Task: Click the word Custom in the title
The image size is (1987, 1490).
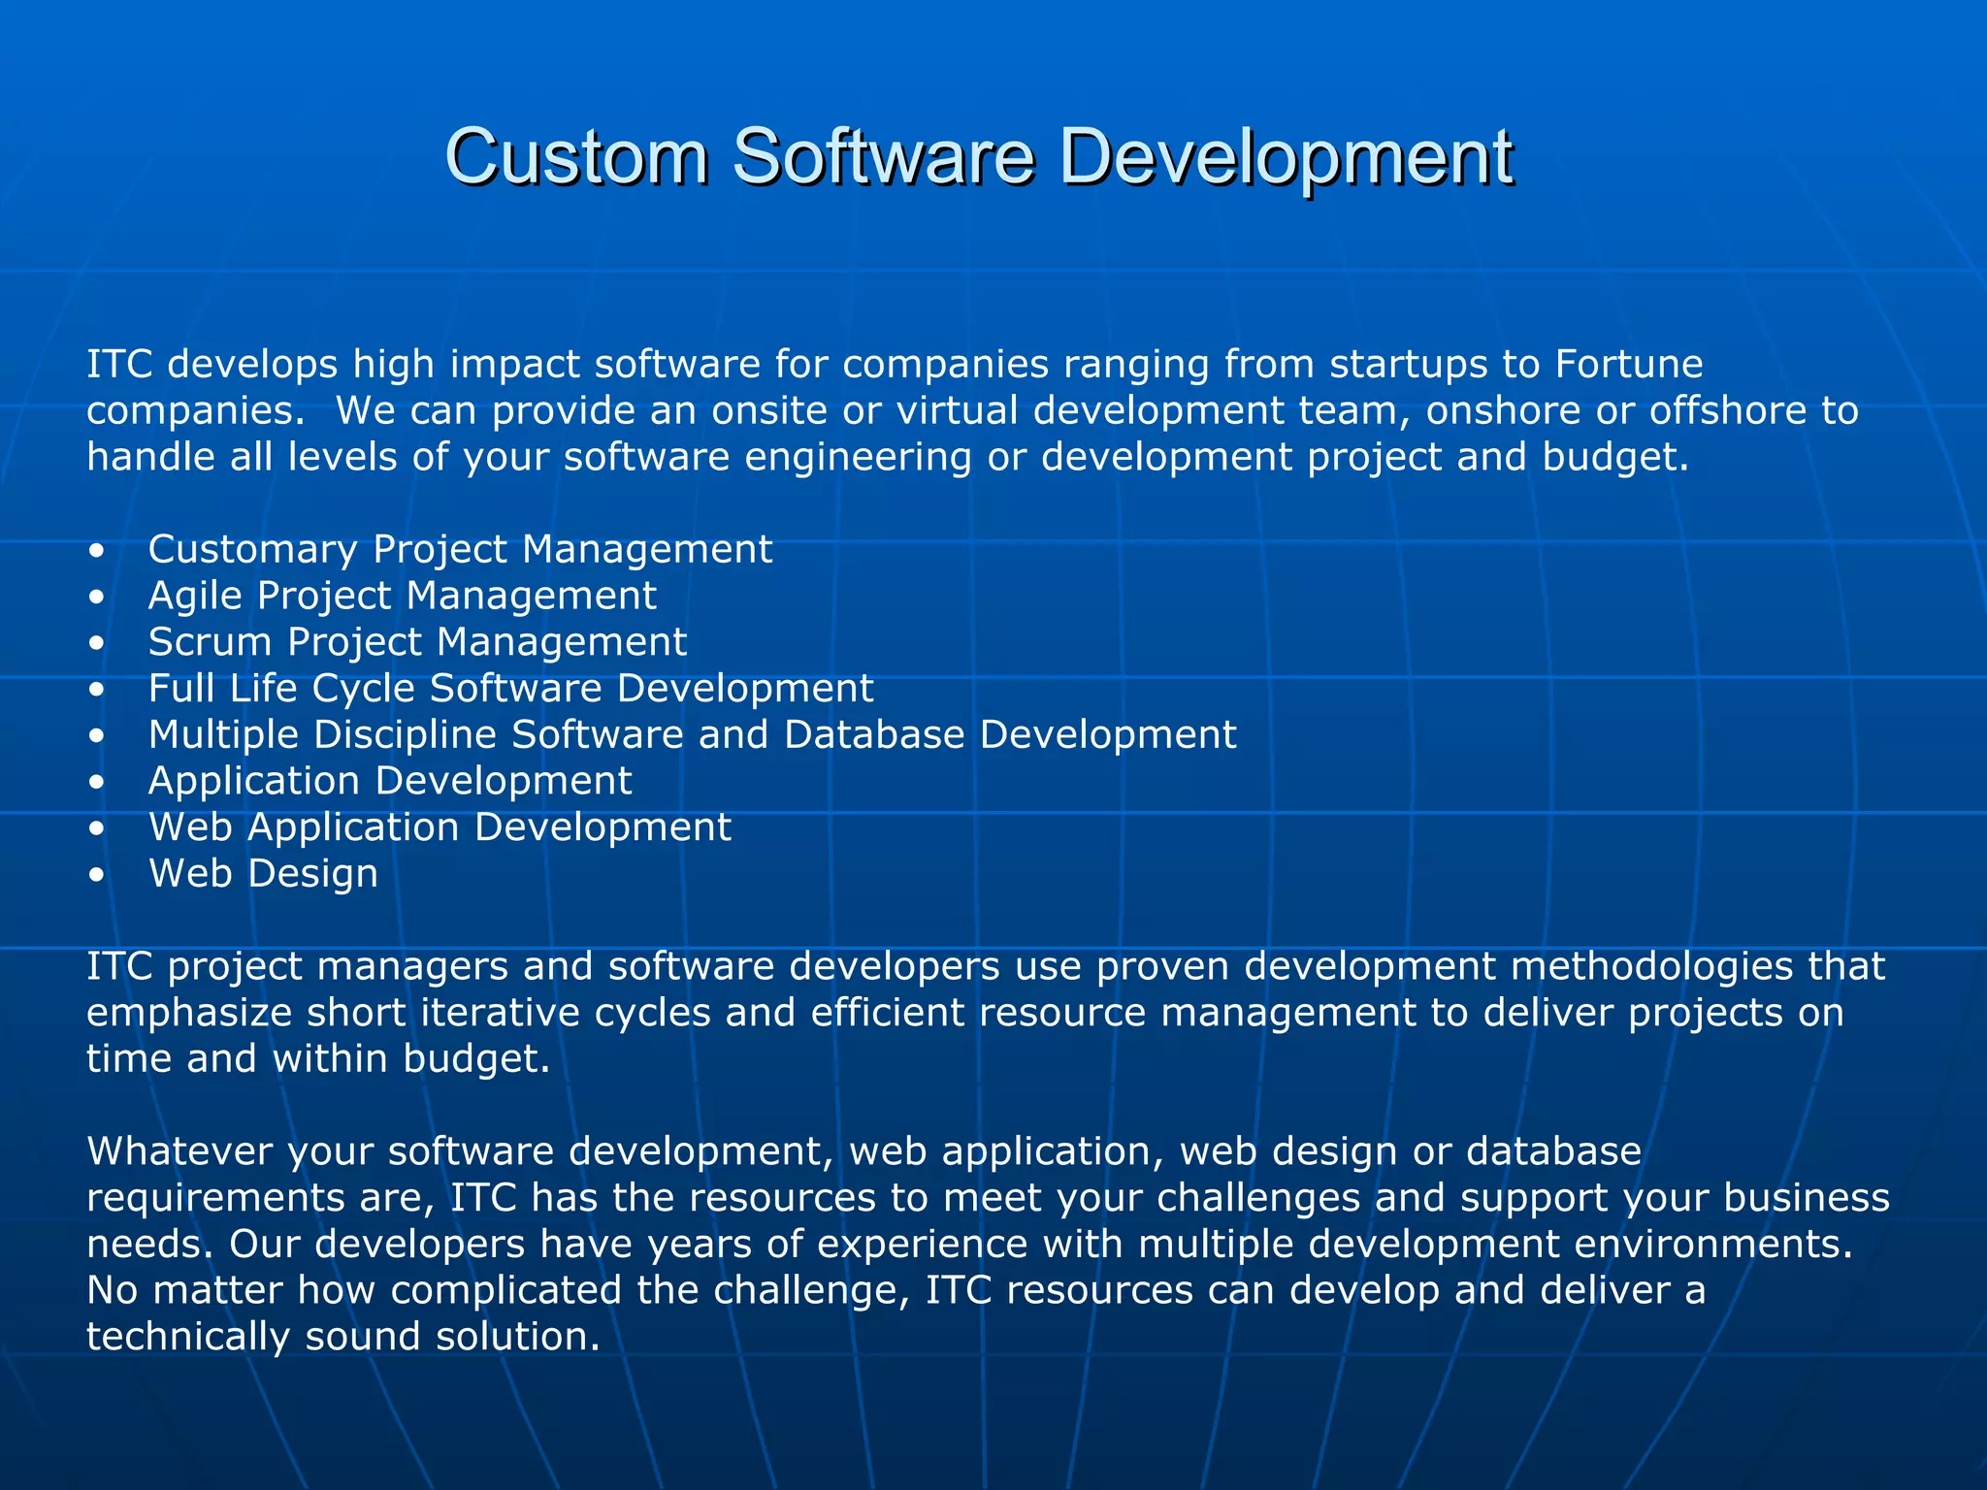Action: [576, 157]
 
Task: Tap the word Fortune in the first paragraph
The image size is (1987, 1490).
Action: [1629, 365]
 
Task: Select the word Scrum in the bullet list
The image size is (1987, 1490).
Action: [209, 642]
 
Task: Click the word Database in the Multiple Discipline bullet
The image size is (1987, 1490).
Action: [874, 735]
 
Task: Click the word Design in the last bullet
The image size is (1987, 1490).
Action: [312, 874]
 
